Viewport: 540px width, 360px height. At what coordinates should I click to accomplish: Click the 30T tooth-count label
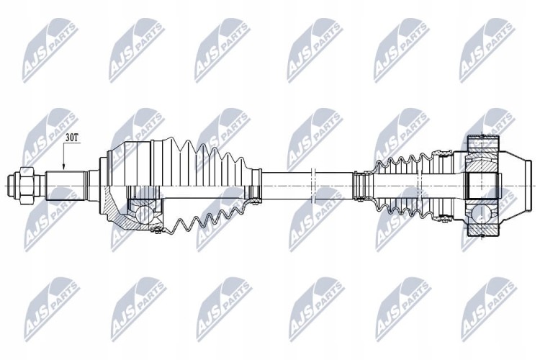(73, 138)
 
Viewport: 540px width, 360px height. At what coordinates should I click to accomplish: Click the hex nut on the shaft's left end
(27, 186)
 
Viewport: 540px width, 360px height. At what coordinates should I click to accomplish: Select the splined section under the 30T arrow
(66, 186)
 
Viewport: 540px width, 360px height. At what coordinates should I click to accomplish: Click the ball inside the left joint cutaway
(142, 215)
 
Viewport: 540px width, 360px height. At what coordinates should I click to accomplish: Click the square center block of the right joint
(482, 186)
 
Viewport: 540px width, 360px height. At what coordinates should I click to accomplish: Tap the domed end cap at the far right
(516, 186)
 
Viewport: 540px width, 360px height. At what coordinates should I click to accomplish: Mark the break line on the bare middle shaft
(313, 186)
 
